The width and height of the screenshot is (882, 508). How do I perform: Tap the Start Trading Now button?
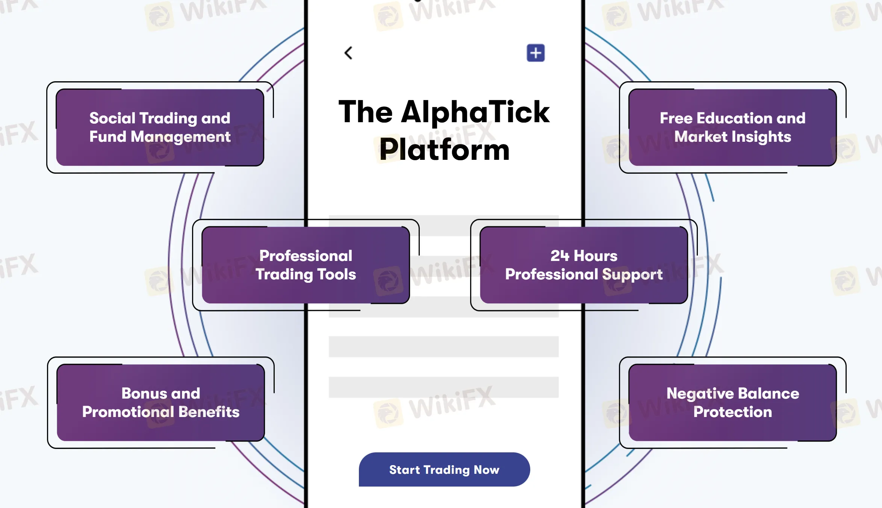(x=444, y=470)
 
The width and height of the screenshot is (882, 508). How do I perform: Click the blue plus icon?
(x=536, y=53)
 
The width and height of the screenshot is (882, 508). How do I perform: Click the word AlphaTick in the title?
(x=475, y=112)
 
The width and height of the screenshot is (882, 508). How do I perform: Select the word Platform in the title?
(x=444, y=150)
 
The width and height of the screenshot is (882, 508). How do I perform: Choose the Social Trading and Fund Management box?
(x=160, y=127)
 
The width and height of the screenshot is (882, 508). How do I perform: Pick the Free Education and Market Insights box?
(x=732, y=127)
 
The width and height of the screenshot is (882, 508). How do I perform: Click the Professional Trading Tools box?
(x=306, y=265)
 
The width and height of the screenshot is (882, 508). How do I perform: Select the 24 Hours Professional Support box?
(x=584, y=265)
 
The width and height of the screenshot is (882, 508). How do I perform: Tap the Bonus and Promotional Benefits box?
(x=160, y=403)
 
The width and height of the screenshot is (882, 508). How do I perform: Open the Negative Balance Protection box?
(x=732, y=403)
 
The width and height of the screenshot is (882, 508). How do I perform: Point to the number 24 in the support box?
(x=560, y=256)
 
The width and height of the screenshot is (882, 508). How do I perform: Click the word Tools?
(x=337, y=274)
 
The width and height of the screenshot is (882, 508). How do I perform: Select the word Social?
(x=112, y=118)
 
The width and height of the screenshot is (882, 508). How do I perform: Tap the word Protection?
(x=732, y=412)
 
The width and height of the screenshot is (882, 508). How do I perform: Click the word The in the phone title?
(x=366, y=112)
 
